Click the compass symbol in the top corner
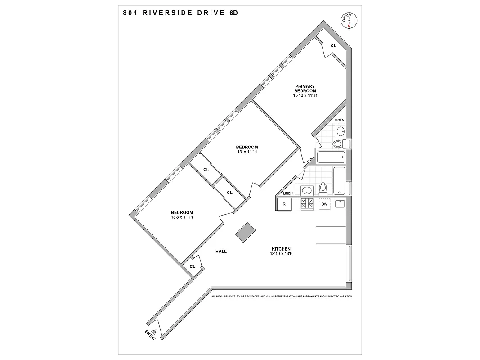349,21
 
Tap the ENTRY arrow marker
153,332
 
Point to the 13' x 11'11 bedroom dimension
247,152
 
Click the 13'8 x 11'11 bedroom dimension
182,218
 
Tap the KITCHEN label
281,249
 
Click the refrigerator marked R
284,204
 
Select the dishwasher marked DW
324,204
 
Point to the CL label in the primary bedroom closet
333,45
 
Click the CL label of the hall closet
192,266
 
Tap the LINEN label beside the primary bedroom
340,120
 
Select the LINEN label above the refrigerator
288,193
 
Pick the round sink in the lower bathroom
307,190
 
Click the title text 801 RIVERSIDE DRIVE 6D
180,13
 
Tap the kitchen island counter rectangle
331,235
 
